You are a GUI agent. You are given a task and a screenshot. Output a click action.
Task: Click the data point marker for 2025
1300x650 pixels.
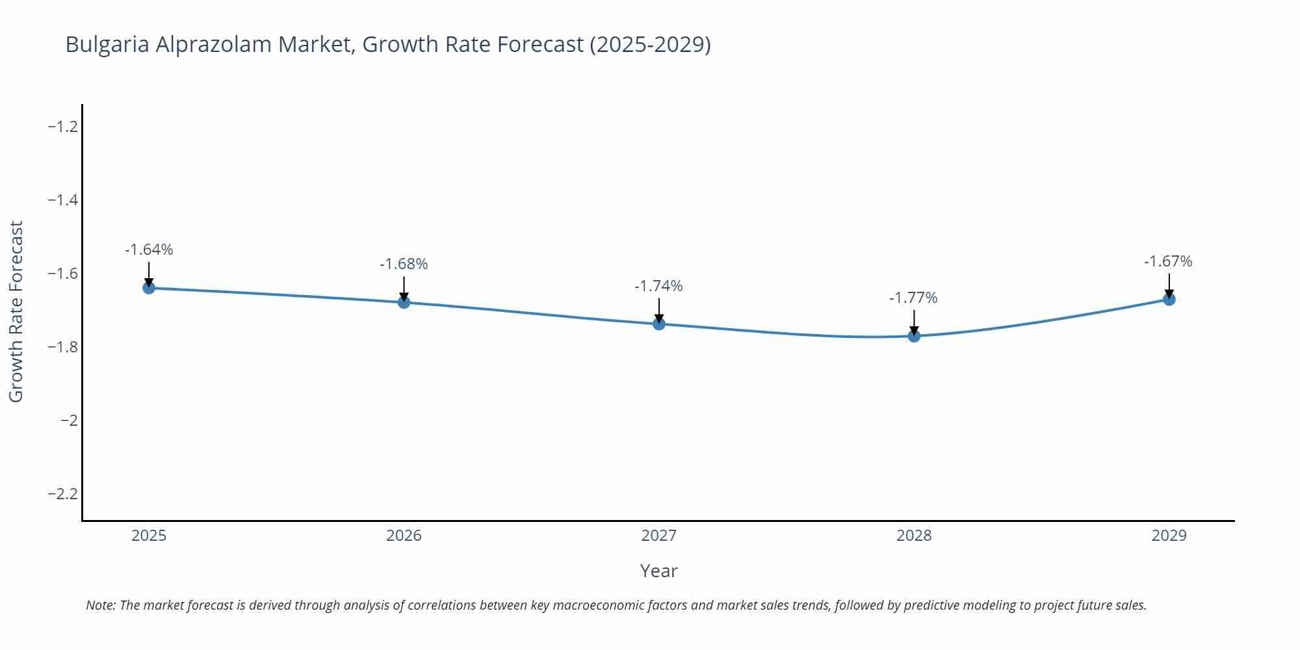tap(149, 287)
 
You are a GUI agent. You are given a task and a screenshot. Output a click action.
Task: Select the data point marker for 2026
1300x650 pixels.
tap(404, 302)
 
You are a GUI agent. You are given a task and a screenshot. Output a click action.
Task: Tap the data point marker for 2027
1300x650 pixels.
tap(659, 324)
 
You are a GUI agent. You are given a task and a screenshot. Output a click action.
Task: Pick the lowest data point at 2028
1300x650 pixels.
tap(914, 335)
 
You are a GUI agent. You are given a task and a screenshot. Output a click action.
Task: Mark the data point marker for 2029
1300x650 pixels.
tap(1169, 299)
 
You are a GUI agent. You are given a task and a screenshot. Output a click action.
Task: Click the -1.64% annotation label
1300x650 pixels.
tap(149, 250)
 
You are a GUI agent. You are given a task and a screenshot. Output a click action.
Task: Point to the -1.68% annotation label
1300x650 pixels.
tap(404, 264)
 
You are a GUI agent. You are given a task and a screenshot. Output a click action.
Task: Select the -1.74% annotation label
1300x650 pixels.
tap(658, 286)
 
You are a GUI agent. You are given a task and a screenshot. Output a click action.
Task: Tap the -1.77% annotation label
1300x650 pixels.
tap(913, 298)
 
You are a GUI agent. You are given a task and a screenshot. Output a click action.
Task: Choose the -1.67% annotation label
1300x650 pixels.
tap(1168, 261)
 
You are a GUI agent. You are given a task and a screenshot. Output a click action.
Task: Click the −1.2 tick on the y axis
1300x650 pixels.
tap(63, 127)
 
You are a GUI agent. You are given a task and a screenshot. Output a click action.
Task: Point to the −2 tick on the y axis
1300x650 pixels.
tap(69, 421)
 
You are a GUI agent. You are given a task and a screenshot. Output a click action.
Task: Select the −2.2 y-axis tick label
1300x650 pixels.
tap(63, 494)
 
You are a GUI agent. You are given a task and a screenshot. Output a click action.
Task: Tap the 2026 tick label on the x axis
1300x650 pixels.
tap(404, 536)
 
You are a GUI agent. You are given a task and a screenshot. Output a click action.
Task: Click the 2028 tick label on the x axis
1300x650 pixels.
tap(914, 536)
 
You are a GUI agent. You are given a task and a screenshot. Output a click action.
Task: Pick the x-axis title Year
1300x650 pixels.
tap(658, 571)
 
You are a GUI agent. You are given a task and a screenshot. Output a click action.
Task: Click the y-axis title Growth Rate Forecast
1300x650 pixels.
tap(16, 311)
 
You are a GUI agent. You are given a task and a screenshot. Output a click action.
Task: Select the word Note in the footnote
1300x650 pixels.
tap(100, 605)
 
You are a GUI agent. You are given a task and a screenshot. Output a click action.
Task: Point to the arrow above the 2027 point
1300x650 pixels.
tap(659, 309)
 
